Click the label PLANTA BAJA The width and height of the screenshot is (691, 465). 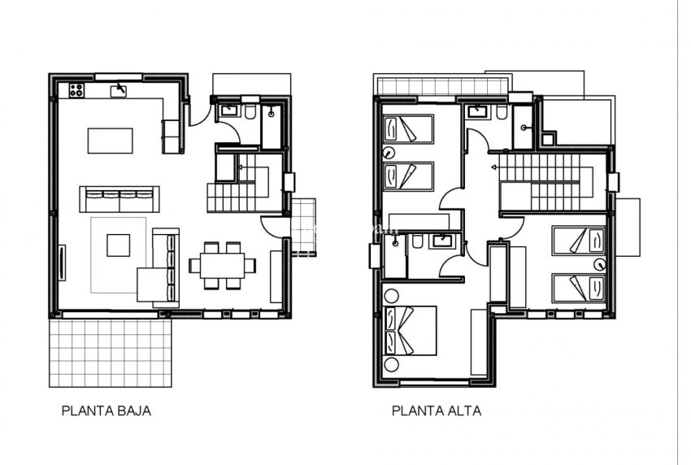[x=106, y=411]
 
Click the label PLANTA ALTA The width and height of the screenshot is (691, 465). [x=436, y=411]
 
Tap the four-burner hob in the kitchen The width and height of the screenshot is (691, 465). [x=79, y=90]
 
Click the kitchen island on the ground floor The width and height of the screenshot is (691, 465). [x=111, y=139]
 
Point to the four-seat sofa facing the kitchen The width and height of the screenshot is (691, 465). [x=118, y=198]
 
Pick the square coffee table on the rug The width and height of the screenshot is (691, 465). [x=118, y=245]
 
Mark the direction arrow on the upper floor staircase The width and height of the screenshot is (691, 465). [x=493, y=166]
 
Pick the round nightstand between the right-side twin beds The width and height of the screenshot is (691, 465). [x=600, y=263]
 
